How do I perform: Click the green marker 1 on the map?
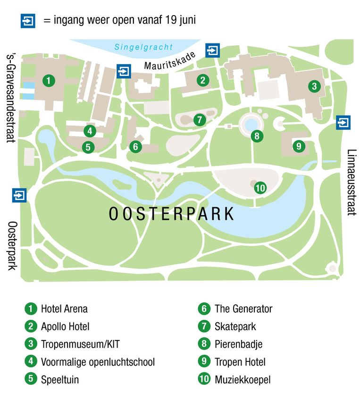click(48, 80)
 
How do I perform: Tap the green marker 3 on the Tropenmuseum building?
click(314, 86)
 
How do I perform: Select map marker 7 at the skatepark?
click(200, 120)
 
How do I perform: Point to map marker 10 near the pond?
click(260, 188)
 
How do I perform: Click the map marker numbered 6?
click(135, 147)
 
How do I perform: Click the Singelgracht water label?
click(143, 47)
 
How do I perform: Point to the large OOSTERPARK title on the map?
click(172, 214)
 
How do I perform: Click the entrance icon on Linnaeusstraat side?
click(343, 123)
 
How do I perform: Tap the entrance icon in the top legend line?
click(28, 21)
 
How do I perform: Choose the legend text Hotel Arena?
click(64, 309)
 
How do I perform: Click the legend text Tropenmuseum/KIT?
click(80, 344)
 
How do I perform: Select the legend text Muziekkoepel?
click(243, 379)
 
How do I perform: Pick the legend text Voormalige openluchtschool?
click(98, 362)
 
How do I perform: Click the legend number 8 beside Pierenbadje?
click(204, 344)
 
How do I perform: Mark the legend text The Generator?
click(243, 309)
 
